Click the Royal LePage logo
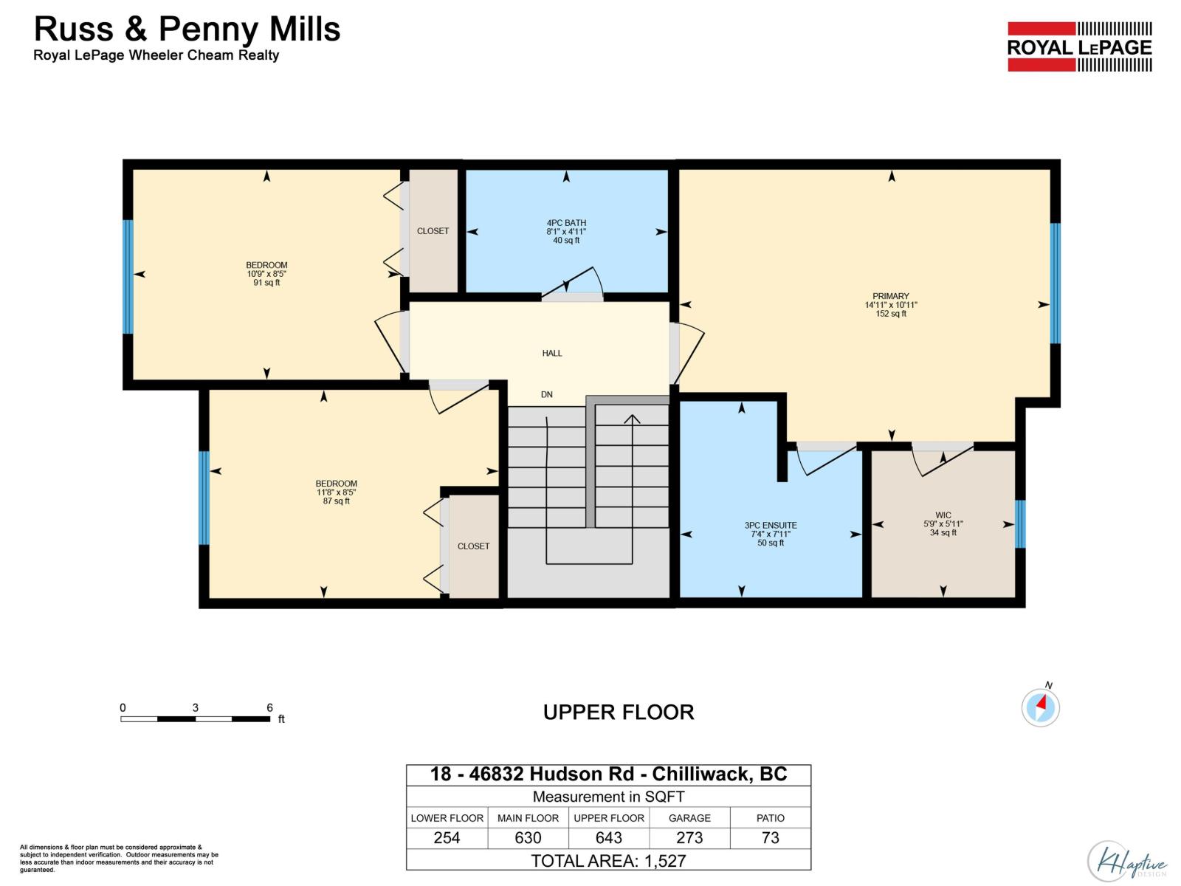(x=1079, y=47)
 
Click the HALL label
(x=552, y=353)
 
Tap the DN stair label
(x=547, y=394)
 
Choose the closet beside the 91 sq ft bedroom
(x=433, y=231)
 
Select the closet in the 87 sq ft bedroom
(x=473, y=546)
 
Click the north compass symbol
(x=1041, y=707)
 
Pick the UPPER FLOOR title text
(x=619, y=712)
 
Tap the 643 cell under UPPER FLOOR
(x=609, y=837)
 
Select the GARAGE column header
(x=689, y=817)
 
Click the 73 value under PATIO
(x=770, y=837)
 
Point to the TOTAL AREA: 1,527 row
(x=608, y=860)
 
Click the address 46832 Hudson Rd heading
(x=608, y=774)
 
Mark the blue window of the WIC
(x=1020, y=524)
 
